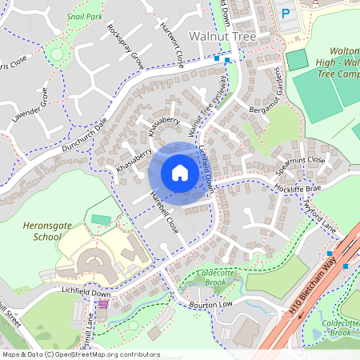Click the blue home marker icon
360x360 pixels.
(180, 173)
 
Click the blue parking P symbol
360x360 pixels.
(286, 14)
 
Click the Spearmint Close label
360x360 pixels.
(301, 166)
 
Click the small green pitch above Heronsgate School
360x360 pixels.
(102, 218)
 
